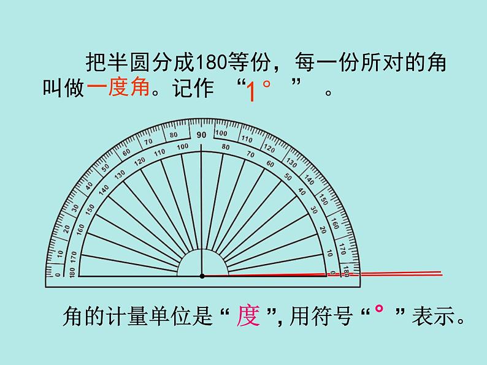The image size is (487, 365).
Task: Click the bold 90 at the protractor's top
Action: click(x=201, y=135)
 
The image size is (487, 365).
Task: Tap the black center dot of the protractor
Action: click(x=202, y=276)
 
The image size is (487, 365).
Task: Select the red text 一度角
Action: click(x=118, y=88)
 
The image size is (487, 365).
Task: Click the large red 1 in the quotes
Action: click(x=250, y=92)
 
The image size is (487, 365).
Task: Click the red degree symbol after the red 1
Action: click(x=266, y=86)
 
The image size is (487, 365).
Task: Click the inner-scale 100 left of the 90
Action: click(x=182, y=147)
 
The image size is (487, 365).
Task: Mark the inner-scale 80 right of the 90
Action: click(x=225, y=147)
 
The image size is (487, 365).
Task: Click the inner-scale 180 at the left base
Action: click(x=72, y=271)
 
